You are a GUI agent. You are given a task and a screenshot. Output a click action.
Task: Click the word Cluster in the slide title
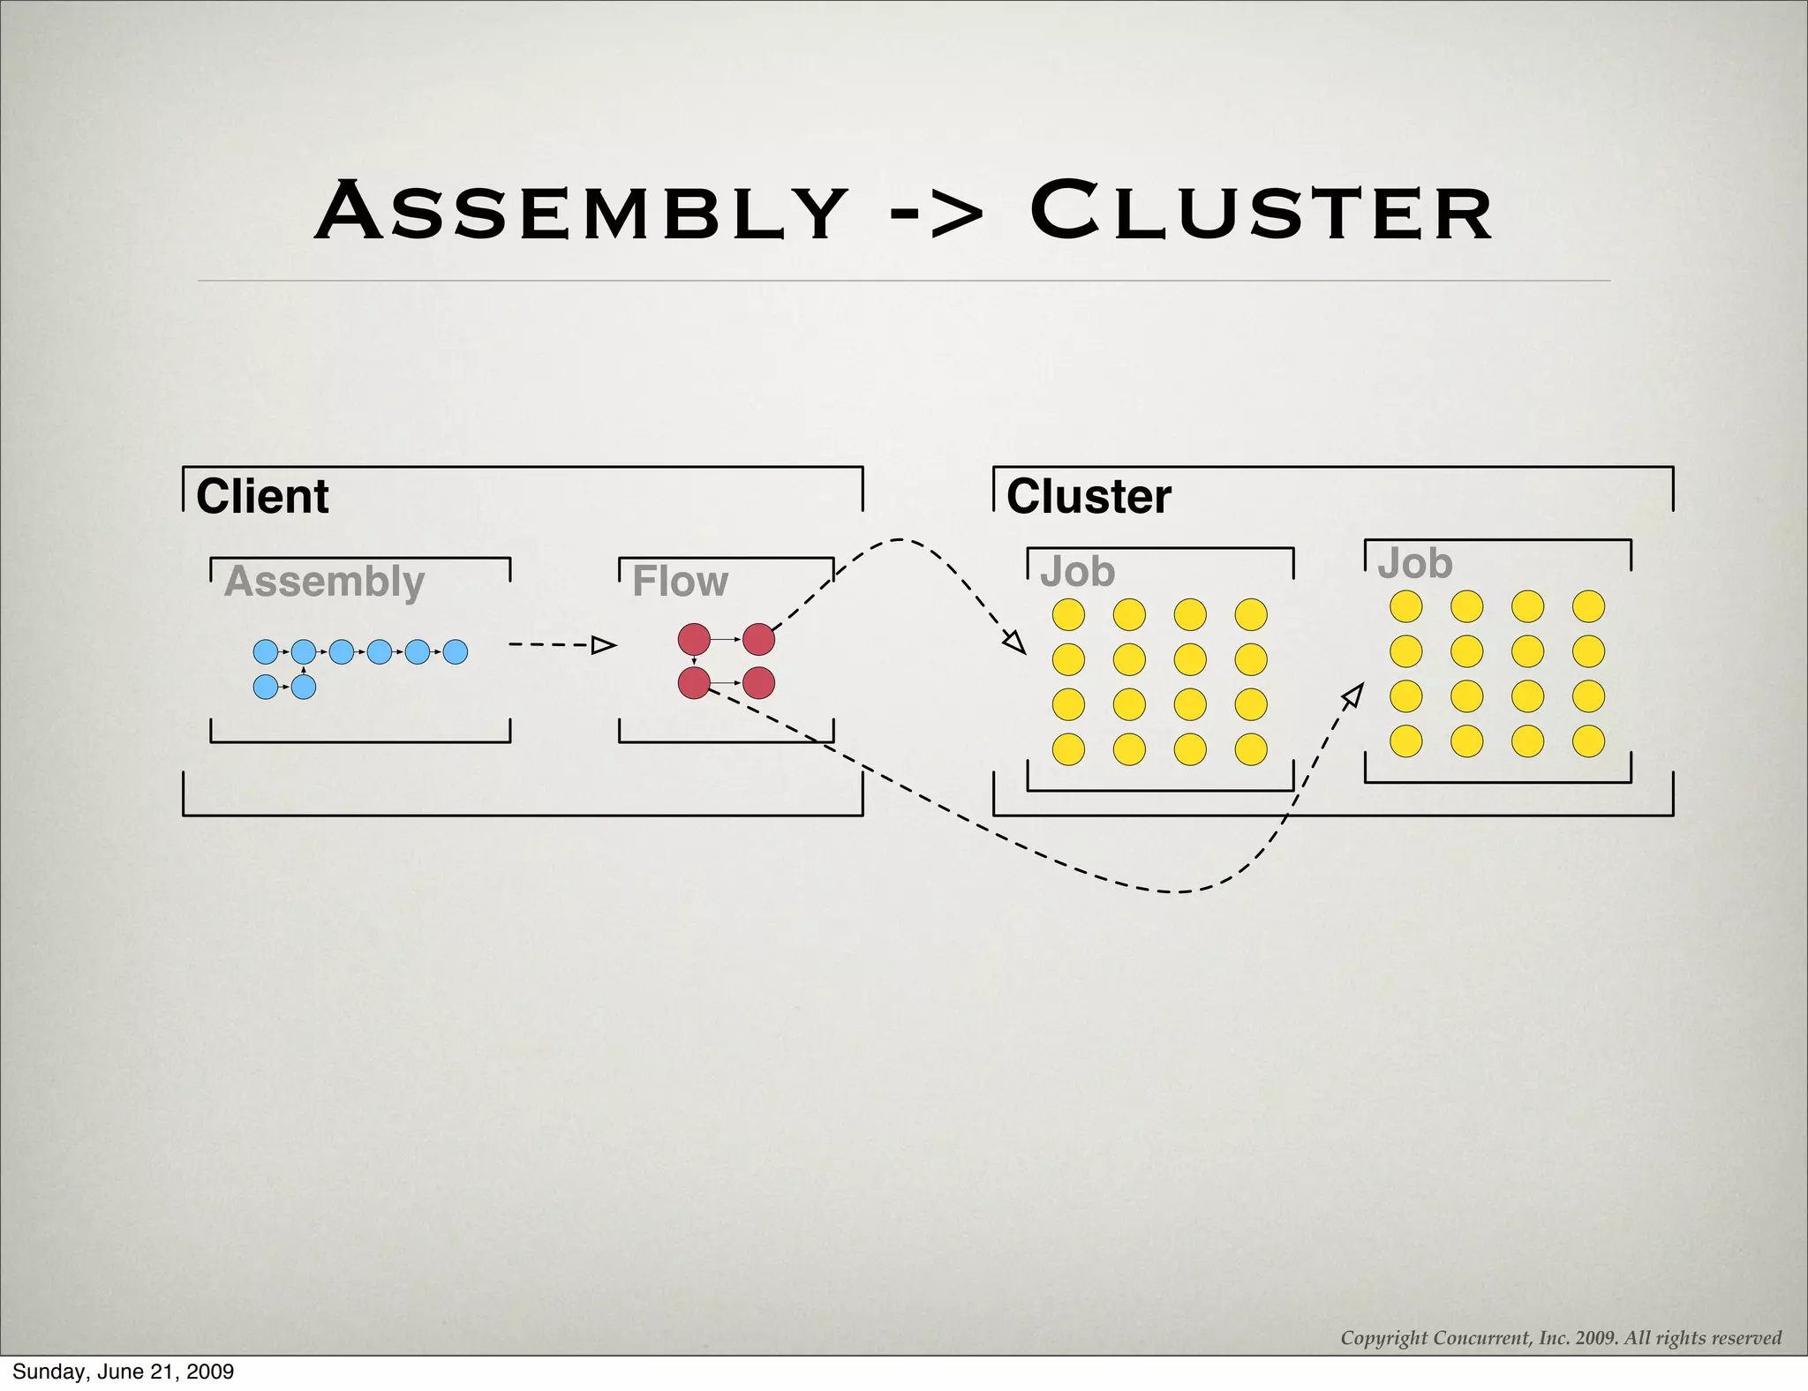click(x=1262, y=213)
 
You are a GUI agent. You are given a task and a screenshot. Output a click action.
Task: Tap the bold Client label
click(x=262, y=496)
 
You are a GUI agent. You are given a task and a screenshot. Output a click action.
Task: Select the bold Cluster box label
click(x=1089, y=496)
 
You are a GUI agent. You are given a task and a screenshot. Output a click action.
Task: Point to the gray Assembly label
click(x=325, y=582)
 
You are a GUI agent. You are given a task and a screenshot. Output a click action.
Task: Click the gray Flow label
click(x=680, y=582)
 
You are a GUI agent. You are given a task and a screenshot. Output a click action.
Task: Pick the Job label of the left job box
click(x=1077, y=572)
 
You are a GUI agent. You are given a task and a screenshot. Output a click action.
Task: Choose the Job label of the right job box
click(x=1414, y=563)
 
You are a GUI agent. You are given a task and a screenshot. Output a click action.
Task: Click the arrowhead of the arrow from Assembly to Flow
click(x=604, y=645)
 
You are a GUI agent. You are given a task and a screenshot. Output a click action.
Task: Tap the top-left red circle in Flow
click(x=694, y=639)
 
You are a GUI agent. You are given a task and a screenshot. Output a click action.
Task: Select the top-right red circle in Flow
click(x=758, y=639)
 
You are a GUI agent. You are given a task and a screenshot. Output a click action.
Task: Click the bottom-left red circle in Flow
click(x=694, y=682)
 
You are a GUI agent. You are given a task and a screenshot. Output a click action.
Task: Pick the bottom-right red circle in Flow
click(x=758, y=682)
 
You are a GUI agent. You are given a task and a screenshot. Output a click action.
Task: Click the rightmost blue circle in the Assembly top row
click(x=455, y=652)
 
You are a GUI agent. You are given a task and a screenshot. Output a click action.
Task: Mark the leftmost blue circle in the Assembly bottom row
click(x=265, y=687)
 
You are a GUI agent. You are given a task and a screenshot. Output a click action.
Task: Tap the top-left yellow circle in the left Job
click(x=1068, y=614)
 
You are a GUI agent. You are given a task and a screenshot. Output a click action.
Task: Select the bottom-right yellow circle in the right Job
click(x=1588, y=741)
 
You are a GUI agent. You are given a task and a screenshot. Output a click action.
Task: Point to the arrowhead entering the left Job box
click(x=1015, y=643)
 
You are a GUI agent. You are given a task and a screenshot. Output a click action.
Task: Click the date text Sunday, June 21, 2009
click(x=123, y=1372)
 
